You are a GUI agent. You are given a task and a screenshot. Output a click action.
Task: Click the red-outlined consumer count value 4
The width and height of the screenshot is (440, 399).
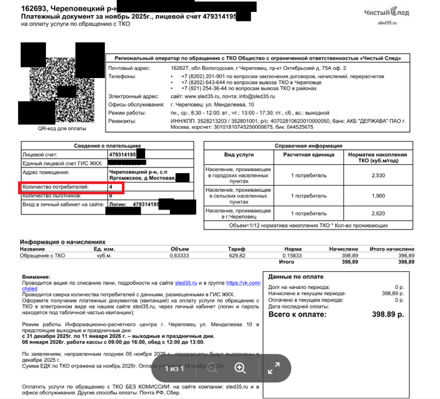(111, 188)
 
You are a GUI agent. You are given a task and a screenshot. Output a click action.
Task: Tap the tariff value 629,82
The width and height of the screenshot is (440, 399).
(236, 256)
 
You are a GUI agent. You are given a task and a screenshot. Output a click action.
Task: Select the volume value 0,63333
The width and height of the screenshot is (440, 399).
(180, 256)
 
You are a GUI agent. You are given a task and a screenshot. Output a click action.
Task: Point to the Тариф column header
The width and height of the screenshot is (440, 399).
(236, 249)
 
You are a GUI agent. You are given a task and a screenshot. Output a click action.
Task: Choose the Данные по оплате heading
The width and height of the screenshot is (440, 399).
(295, 276)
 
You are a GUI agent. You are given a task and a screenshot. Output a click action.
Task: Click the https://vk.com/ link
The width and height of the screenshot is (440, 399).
(242, 283)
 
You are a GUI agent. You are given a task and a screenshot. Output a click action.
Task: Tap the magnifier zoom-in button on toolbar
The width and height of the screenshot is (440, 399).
(240, 368)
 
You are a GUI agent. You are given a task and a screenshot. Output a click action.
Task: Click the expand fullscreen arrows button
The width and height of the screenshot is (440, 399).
(273, 368)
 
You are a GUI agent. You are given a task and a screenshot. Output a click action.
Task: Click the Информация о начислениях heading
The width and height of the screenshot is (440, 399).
(62, 242)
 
